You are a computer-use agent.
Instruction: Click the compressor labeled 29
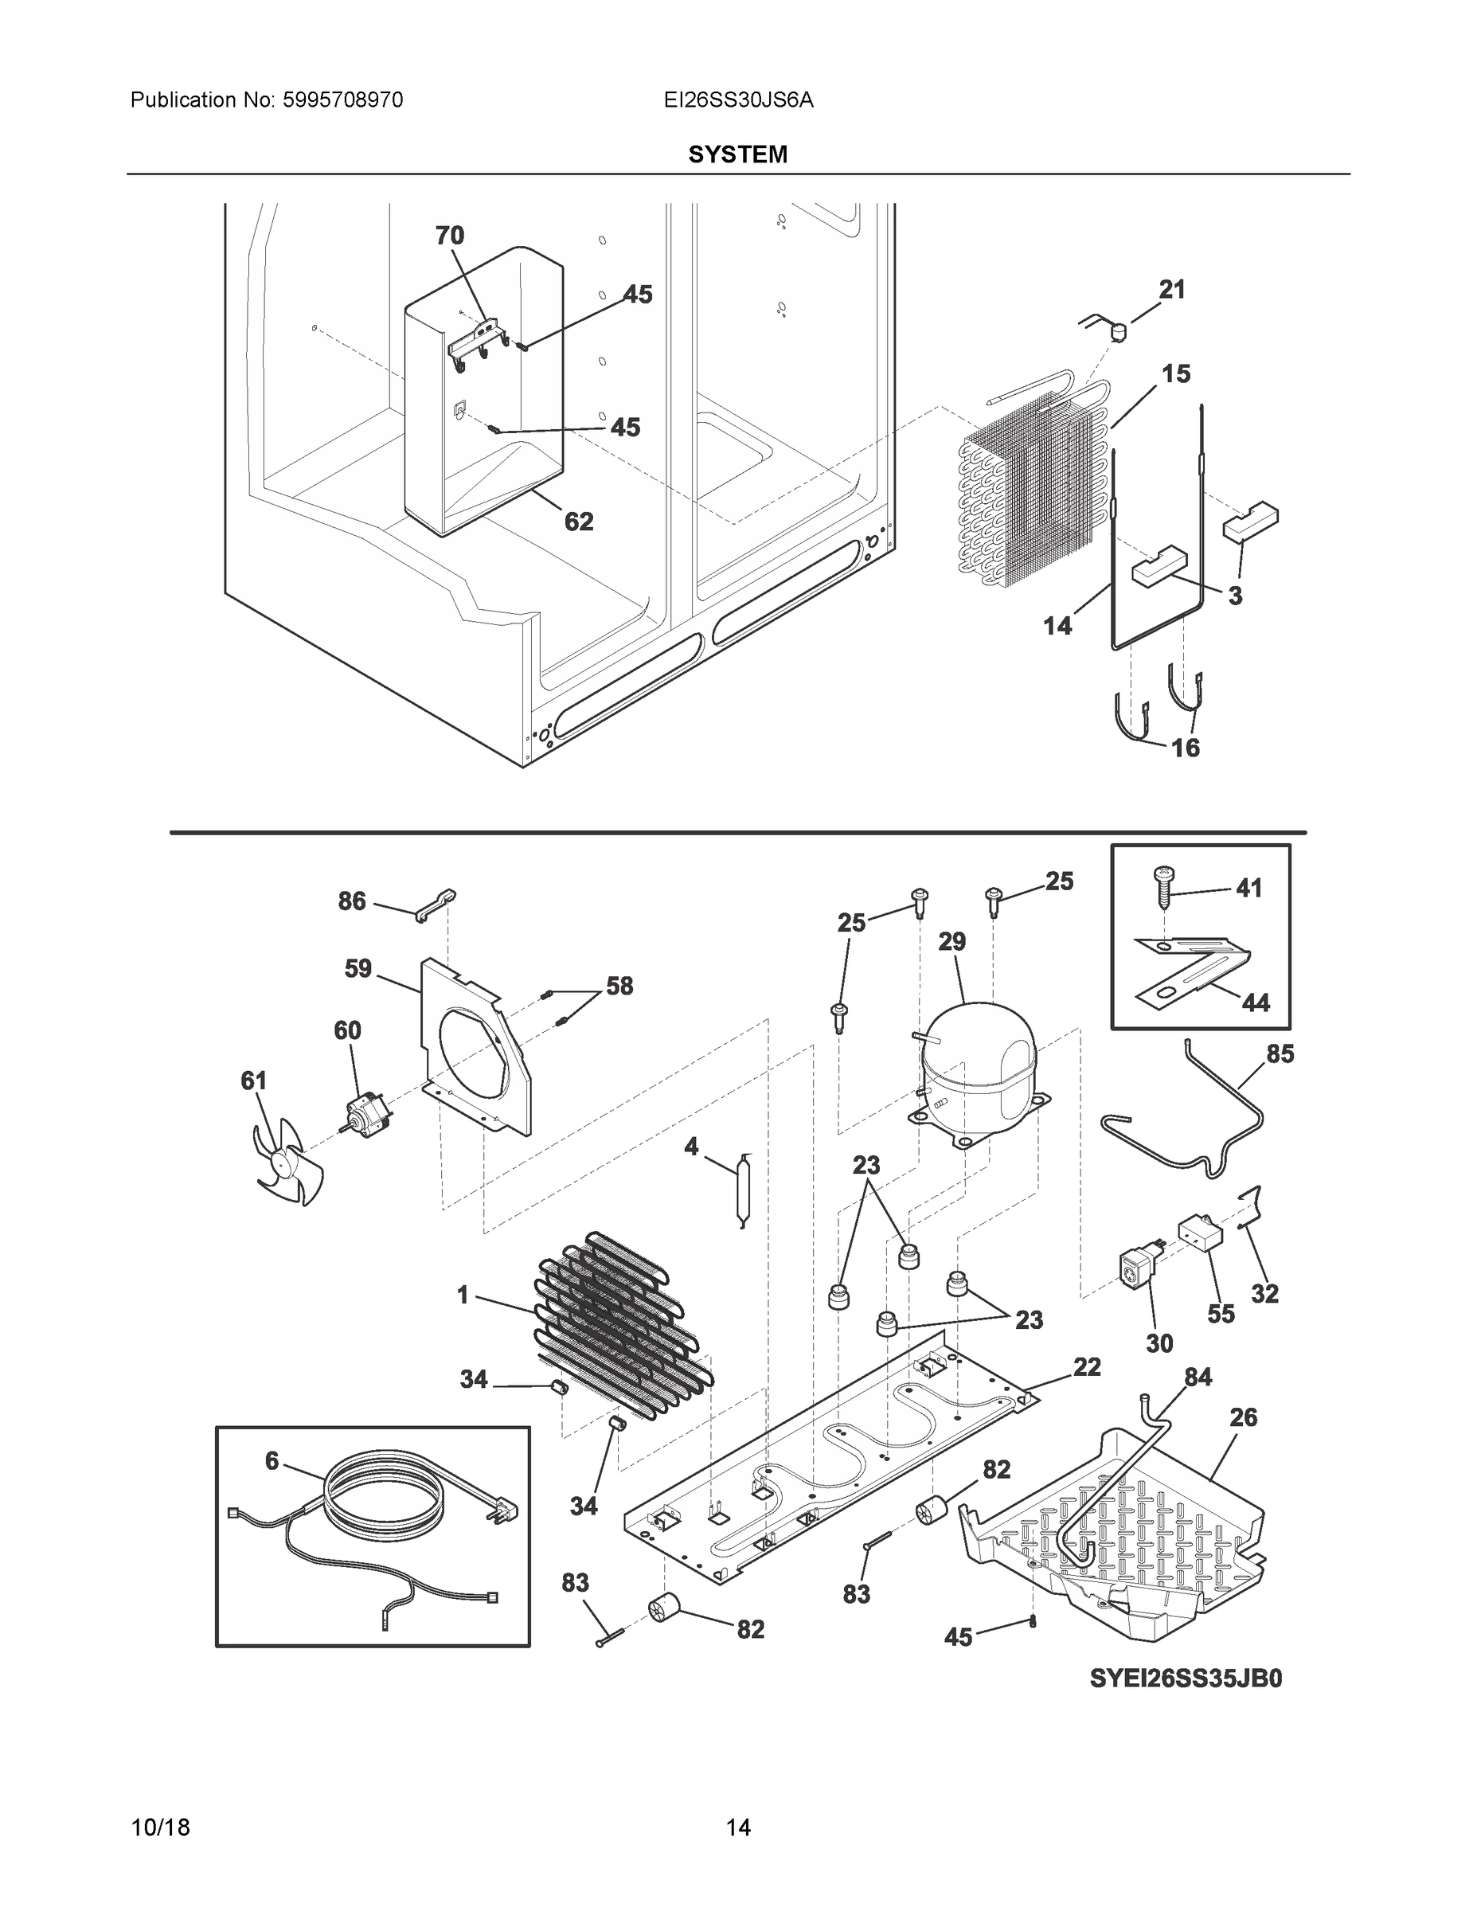(x=979, y=1073)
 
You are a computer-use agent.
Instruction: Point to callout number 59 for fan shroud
(x=358, y=968)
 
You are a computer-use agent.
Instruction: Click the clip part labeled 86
(x=435, y=904)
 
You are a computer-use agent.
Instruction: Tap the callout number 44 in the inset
(x=1256, y=1002)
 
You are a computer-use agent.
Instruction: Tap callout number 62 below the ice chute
(x=578, y=522)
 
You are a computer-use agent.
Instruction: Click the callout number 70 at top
(x=450, y=236)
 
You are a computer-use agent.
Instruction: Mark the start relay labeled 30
(x=1137, y=1270)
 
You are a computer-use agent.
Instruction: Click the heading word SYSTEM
(x=737, y=155)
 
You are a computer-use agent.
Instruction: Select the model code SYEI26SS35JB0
(x=1186, y=1678)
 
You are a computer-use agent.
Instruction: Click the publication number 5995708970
(x=342, y=100)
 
